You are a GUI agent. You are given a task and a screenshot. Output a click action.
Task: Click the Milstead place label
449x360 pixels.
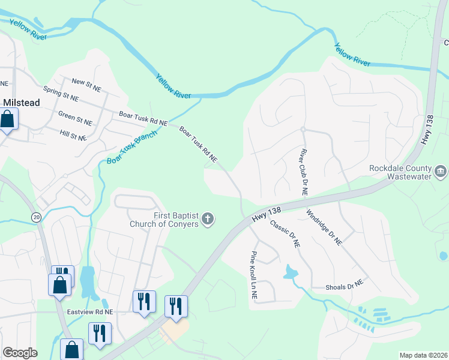[x=22, y=103]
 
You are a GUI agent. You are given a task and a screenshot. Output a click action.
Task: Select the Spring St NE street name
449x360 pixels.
[x=61, y=96]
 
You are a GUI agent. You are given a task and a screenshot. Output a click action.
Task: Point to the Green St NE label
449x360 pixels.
[x=75, y=118]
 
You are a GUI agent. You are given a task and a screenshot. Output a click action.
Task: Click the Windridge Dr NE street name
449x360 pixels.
[x=324, y=227]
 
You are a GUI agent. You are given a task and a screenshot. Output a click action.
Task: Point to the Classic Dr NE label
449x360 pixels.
[x=285, y=234]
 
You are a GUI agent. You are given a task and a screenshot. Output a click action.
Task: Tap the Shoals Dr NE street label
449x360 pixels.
[x=345, y=286]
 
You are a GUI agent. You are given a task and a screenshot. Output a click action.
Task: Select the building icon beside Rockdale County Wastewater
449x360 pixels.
[x=441, y=172]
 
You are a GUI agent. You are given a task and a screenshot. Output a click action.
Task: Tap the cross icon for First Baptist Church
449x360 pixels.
[x=208, y=219]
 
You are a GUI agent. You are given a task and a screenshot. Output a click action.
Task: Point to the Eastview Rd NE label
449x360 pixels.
[x=90, y=312]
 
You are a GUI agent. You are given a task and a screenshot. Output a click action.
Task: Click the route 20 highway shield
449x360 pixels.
[x=36, y=218]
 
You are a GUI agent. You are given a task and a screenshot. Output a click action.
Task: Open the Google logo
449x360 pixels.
[x=20, y=353]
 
